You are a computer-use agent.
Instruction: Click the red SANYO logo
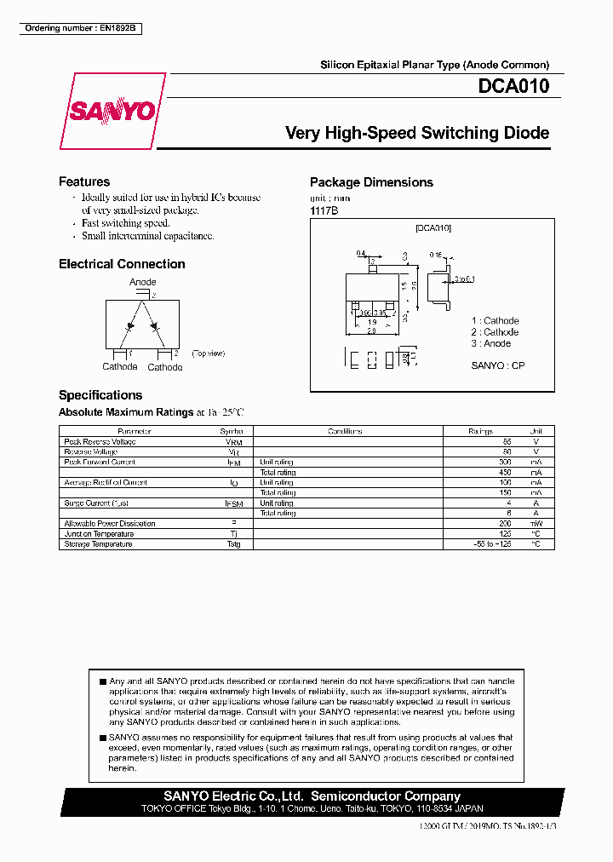point(112,112)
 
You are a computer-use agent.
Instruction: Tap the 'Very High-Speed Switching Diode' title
point(416,133)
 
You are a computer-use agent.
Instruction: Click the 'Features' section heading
point(84,181)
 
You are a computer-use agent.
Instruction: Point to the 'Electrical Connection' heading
point(122,264)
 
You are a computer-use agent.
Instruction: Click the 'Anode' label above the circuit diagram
point(142,282)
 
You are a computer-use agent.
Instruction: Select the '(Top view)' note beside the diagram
point(208,353)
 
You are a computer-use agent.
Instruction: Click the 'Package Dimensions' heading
point(371,182)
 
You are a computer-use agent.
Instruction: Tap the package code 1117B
point(324,210)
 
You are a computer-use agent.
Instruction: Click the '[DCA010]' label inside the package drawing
point(433,228)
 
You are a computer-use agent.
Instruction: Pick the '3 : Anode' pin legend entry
point(491,343)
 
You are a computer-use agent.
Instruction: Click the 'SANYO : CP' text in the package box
point(498,365)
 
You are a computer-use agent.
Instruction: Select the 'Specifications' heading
point(100,395)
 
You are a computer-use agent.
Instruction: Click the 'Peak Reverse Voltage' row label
point(100,442)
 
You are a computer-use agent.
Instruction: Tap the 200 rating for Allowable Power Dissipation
point(506,524)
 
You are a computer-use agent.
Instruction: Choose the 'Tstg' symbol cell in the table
point(233,544)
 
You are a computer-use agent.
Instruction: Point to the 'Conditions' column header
point(345,432)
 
